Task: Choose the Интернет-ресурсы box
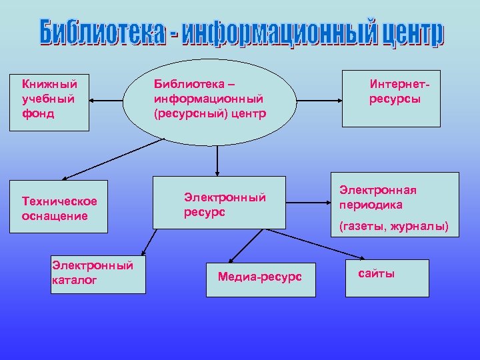tap(391, 98)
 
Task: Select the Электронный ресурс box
tap(219, 203)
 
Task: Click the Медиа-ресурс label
tap(260, 276)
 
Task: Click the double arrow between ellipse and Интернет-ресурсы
tap(319, 101)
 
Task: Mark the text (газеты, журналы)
tap(394, 227)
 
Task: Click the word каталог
tap(74, 280)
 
